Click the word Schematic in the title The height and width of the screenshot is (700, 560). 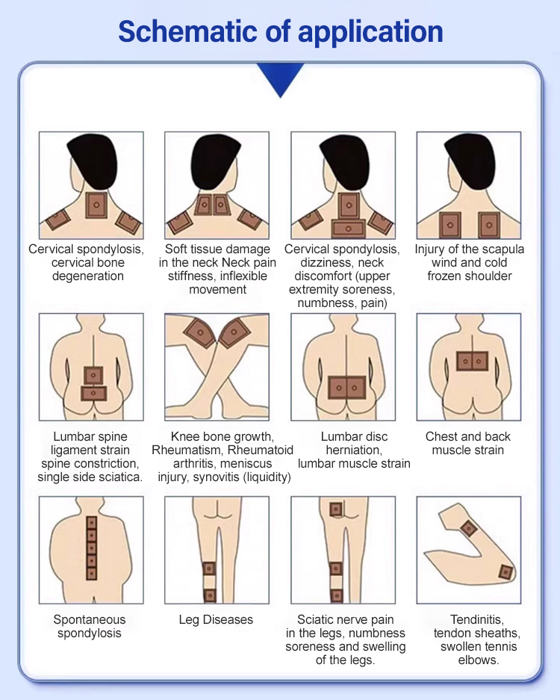tap(188, 31)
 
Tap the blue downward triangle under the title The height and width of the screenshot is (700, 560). tap(280, 77)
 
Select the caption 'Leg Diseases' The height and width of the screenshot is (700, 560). tap(216, 619)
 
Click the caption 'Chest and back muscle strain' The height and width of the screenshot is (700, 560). tap(468, 443)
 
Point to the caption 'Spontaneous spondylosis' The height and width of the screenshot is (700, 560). tap(90, 626)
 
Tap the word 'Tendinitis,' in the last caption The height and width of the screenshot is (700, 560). tap(477, 619)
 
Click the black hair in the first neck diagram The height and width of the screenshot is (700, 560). tap(93, 161)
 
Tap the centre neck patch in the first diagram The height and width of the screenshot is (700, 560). tap(96, 205)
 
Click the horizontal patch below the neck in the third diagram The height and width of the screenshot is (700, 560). tap(349, 229)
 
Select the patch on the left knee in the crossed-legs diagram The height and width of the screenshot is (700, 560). tap(200, 332)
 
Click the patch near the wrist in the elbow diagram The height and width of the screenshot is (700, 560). tap(506, 572)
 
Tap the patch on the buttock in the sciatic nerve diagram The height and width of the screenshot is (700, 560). tap(335, 509)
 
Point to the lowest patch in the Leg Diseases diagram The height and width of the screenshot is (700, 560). tap(210, 595)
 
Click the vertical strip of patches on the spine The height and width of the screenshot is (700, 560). tap(92, 548)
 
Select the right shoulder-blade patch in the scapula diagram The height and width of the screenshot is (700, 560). tap(489, 225)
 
